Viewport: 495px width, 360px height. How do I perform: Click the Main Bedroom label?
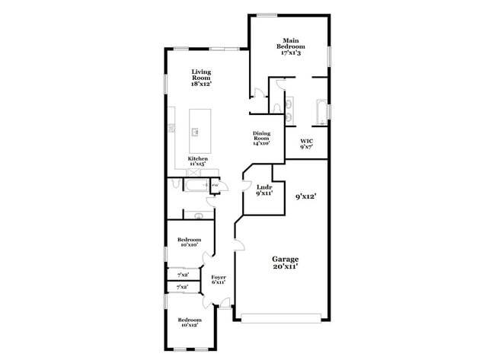[289, 47]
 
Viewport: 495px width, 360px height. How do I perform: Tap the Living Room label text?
[201, 78]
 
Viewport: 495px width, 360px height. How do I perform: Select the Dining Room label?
[262, 138]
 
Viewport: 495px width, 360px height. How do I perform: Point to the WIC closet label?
[306, 143]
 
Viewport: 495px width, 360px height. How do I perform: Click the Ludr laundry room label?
[264, 190]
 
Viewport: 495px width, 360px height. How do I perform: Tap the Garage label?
[286, 263]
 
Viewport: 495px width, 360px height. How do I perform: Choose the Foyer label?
[219, 279]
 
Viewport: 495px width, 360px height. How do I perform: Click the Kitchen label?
[187, 161]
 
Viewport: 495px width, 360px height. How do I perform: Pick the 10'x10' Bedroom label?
[189, 242]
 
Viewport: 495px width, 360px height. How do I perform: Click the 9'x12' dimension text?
[306, 196]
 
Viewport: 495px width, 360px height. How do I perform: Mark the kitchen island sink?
[196, 132]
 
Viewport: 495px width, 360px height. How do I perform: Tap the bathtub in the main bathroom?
[321, 112]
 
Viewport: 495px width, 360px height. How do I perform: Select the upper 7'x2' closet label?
[183, 274]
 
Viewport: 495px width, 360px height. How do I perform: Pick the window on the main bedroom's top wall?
[267, 14]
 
